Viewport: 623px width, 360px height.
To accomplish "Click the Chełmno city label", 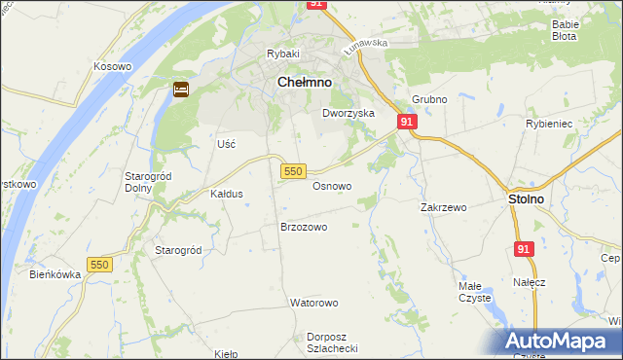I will [305, 84].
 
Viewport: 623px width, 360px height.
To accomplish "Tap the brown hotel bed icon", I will [181, 90].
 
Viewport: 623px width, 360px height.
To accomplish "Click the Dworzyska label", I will [348, 113].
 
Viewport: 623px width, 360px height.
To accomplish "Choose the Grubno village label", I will [428, 99].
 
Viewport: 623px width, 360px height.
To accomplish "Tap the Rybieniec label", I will [574, 125].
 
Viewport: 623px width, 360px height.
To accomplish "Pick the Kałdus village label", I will [227, 194].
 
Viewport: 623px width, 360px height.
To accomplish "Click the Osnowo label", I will [332, 185].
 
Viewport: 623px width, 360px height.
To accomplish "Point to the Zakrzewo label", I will [444, 207].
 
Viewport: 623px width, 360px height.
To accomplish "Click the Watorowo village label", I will [313, 303].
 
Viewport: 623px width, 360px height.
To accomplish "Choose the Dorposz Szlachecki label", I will [333, 342].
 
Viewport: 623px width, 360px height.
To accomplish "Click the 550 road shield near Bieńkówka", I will [99, 265].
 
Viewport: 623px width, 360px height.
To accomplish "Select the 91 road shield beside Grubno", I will [407, 122].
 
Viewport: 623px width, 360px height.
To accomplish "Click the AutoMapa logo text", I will [565, 342].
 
